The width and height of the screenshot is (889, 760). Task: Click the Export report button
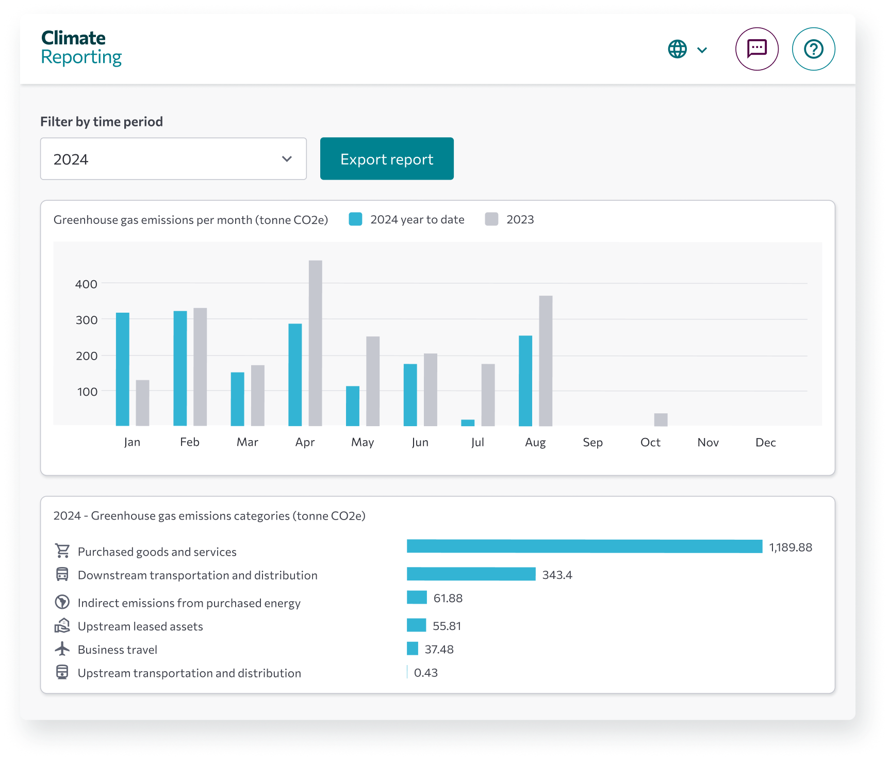click(x=387, y=159)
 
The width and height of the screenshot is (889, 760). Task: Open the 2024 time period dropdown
click(x=173, y=159)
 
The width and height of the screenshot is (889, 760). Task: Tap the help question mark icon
click(x=813, y=49)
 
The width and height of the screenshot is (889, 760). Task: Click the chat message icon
click(x=756, y=49)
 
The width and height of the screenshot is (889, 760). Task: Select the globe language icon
click(x=678, y=50)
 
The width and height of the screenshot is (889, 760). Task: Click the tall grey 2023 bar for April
click(x=316, y=343)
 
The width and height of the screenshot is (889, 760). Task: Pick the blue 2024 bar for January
click(x=123, y=369)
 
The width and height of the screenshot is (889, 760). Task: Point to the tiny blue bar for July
click(x=468, y=423)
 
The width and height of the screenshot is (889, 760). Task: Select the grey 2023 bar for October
click(x=661, y=419)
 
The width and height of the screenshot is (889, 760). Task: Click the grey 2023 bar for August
click(x=546, y=361)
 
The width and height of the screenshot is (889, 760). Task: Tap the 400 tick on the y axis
click(x=86, y=284)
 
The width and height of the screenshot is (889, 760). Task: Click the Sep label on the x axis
click(x=592, y=442)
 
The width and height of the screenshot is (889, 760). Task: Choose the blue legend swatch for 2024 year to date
click(x=355, y=219)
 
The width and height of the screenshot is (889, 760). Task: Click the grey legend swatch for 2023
click(x=491, y=219)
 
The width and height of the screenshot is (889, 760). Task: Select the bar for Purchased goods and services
click(x=584, y=546)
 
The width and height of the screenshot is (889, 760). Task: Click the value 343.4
click(x=557, y=575)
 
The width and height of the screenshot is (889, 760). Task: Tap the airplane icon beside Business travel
click(x=62, y=649)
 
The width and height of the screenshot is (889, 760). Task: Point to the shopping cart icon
click(x=62, y=551)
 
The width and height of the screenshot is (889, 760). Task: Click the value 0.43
click(x=425, y=673)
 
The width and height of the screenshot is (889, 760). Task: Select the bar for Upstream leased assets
click(x=416, y=625)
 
